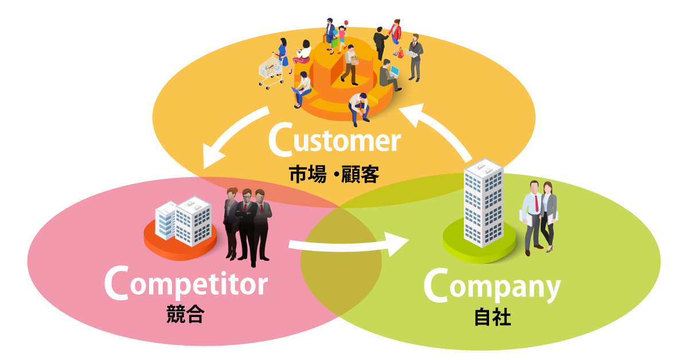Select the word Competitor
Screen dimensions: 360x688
point(186,283)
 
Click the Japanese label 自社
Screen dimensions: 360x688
point(492,317)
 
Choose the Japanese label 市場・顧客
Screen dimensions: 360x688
point(333,173)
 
